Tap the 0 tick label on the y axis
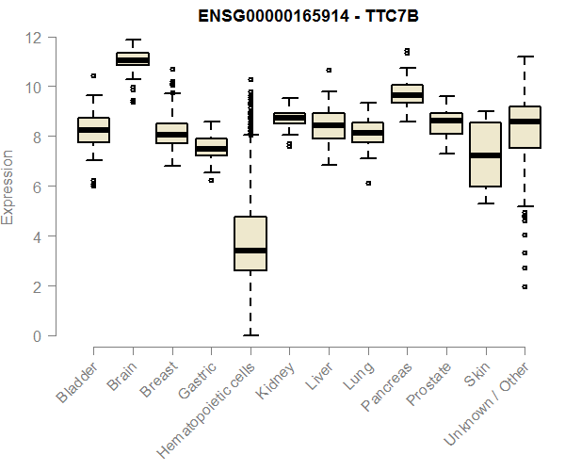(37, 335)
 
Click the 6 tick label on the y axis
(37, 187)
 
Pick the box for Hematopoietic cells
(250, 243)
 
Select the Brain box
(132, 58)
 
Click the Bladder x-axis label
(76, 382)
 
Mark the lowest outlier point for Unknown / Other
(524, 286)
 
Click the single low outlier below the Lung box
(367, 183)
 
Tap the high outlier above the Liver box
(328, 70)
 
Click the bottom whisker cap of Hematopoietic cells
(250, 334)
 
